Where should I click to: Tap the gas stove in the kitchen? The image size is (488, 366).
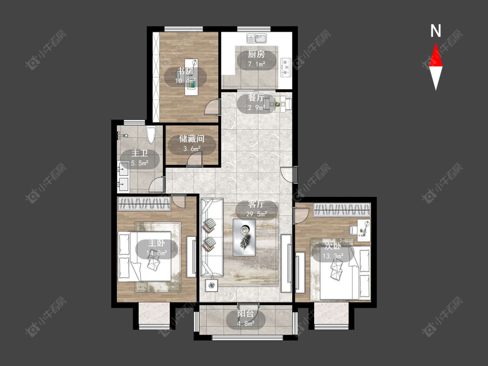click(286, 67)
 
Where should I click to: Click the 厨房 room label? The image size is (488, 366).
click(256, 55)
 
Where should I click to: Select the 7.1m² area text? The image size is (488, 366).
click(256, 64)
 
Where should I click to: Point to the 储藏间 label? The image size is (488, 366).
click(191, 139)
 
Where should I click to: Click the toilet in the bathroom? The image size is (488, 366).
click(151, 135)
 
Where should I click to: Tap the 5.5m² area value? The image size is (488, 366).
click(139, 163)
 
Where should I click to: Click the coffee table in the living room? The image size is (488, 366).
click(244, 237)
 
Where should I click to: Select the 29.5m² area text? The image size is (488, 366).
click(256, 214)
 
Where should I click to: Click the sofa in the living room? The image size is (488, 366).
click(211, 237)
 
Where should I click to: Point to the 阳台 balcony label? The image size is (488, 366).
click(246, 314)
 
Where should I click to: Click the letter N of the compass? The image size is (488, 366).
click(436, 31)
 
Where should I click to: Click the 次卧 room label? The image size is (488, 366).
click(333, 246)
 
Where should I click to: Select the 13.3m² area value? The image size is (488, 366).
click(333, 256)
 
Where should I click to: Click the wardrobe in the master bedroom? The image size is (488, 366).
click(144, 204)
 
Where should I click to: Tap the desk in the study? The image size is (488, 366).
click(191, 77)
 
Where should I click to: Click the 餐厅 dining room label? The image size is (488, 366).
click(256, 98)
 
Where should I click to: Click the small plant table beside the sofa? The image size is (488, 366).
click(212, 285)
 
